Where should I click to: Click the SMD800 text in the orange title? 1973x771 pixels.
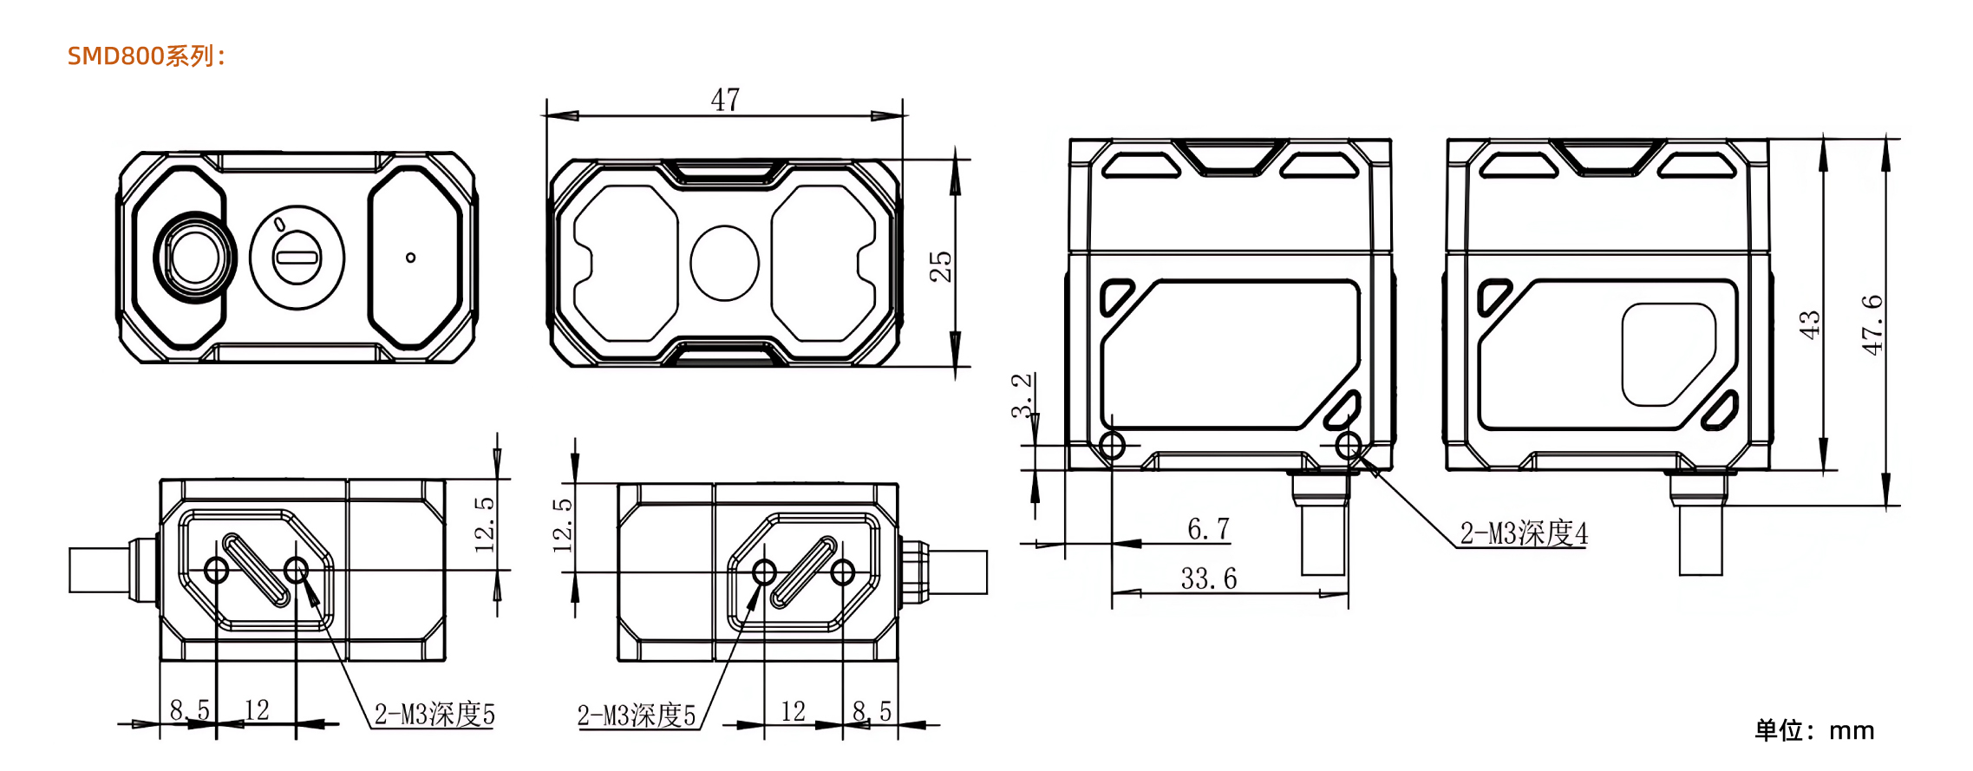click(x=115, y=56)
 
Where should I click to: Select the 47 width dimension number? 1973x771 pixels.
click(x=725, y=100)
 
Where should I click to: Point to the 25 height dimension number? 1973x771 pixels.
click(x=940, y=266)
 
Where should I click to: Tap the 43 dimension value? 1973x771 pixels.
click(x=1809, y=324)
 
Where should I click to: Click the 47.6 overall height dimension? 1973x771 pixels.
click(x=1872, y=324)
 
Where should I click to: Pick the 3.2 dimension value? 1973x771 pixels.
click(x=1022, y=395)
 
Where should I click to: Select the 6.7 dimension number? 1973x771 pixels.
click(x=1208, y=528)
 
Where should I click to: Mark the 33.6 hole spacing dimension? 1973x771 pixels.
click(x=1208, y=578)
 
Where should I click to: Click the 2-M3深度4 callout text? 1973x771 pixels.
click(x=1524, y=533)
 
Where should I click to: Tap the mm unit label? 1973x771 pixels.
click(x=1852, y=730)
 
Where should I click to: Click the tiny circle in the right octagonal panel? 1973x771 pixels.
click(x=410, y=258)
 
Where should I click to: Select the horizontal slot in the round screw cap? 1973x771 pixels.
click(x=297, y=257)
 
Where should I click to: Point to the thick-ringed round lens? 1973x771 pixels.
click(x=196, y=258)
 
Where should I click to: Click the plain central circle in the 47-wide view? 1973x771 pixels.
click(x=724, y=263)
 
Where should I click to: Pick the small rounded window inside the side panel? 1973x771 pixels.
click(x=1669, y=354)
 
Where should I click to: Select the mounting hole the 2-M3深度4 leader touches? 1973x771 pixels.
click(x=1348, y=446)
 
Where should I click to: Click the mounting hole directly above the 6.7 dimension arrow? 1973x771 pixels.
click(x=1112, y=446)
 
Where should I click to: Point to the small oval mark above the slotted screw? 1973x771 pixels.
click(x=280, y=224)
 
